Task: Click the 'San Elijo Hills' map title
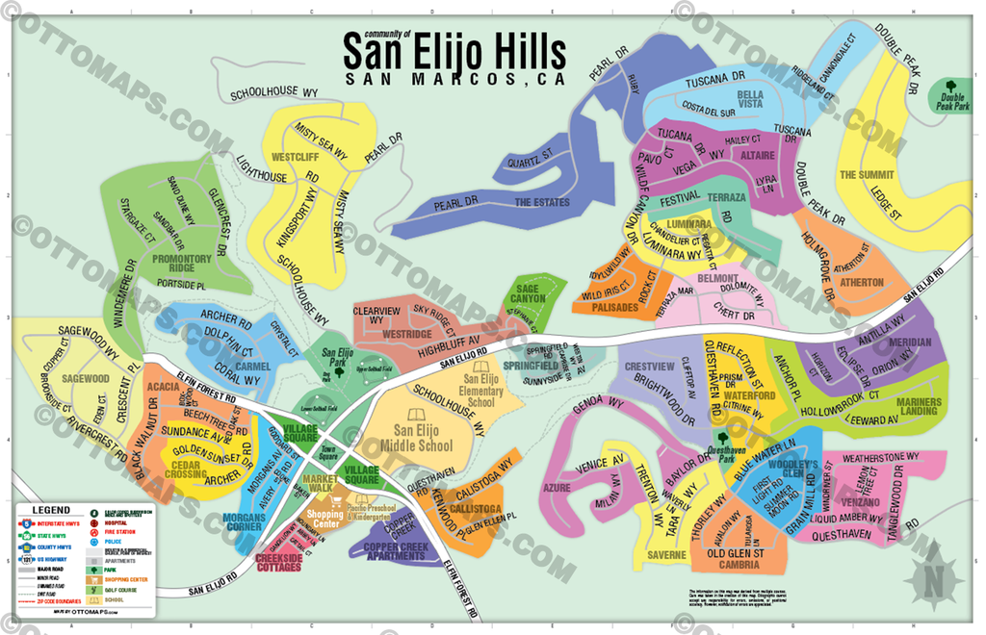454,50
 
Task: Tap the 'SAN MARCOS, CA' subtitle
454,81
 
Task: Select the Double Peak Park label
954,103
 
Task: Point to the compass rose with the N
937,574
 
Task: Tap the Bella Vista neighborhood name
750,99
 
